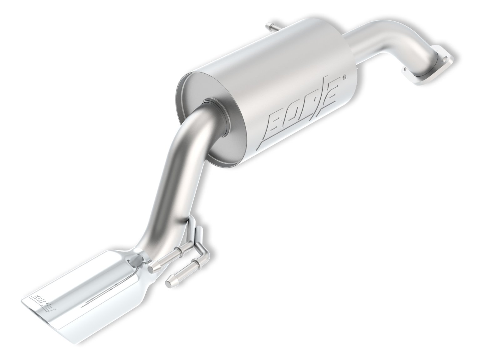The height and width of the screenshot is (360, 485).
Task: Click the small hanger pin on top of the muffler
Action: tap(270, 26)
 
